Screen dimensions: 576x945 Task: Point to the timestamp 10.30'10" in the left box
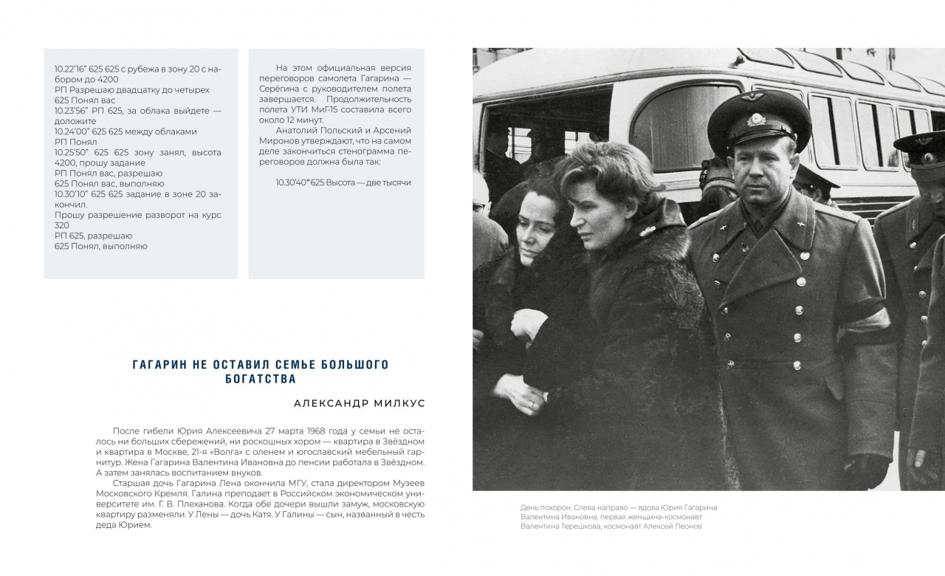click(71, 194)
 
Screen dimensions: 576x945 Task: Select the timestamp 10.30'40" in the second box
click(293, 182)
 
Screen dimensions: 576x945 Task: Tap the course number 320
click(62, 225)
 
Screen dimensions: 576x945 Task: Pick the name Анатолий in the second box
click(294, 131)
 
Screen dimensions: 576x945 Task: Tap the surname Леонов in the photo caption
click(685, 527)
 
